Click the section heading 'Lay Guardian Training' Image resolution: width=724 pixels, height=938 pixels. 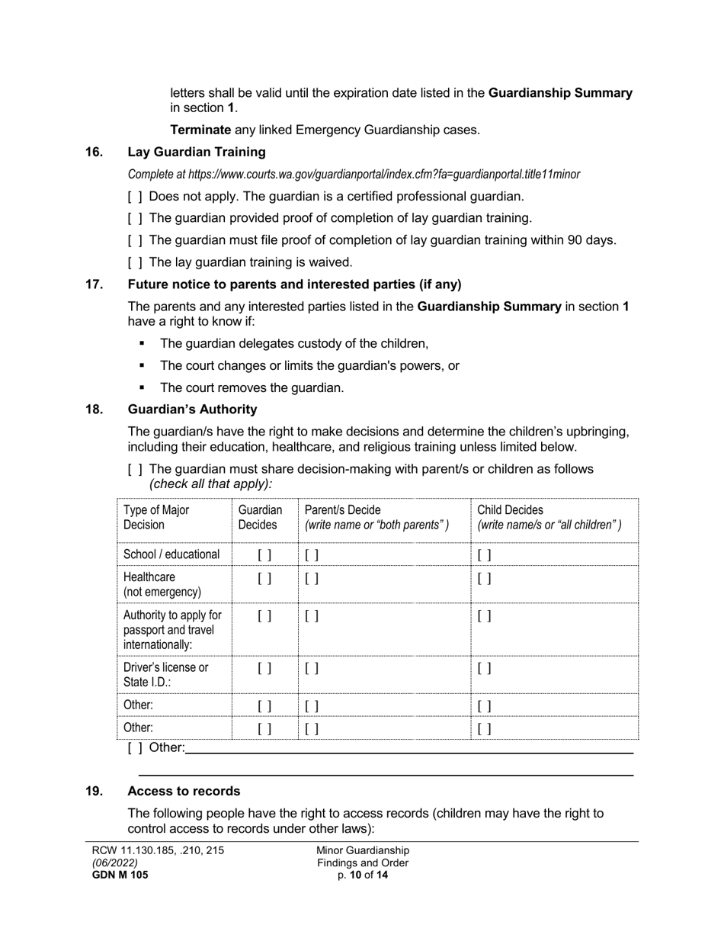[197, 153]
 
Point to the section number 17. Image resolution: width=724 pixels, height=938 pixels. [94, 284]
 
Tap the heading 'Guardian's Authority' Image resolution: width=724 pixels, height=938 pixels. [192, 410]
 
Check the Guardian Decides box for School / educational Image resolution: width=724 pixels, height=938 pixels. [264, 555]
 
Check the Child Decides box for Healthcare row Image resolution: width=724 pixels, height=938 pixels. [485, 579]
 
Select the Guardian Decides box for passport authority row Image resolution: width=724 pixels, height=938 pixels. [264, 616]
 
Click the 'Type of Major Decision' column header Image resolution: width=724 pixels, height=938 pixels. [156, 517]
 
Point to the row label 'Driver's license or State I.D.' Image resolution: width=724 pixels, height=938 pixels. [165, 675]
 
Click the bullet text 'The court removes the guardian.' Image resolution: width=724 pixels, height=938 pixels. [252, 388]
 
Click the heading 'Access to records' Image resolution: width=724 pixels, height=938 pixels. [184, 792]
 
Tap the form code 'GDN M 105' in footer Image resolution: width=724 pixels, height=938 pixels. [120, 875]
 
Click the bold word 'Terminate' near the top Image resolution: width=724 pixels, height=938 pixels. [200, 130]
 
